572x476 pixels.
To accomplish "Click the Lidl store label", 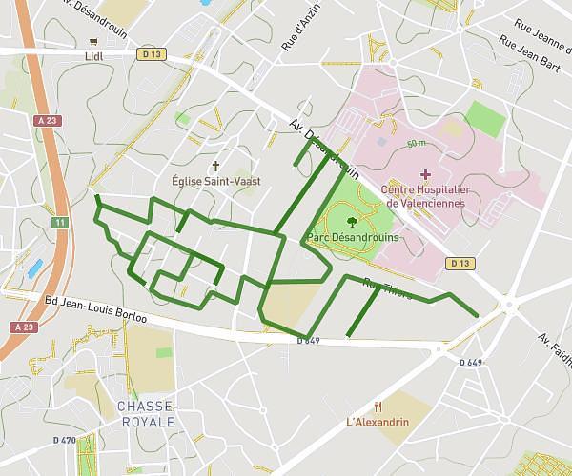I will click(93, 55).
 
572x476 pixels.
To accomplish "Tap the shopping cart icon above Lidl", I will click(93, 41).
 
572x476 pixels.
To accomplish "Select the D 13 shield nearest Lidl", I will click(147, 54).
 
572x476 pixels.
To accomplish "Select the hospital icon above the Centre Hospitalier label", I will click(425, 174).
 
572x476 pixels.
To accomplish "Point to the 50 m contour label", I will click(415, 144).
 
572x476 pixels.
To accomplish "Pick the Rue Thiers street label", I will click(387, 288).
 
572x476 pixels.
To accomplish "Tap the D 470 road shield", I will click(65, 441).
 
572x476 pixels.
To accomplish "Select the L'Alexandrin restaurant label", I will click(378, 422).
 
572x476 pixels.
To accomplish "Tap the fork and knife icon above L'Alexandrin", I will click(379, 405).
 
